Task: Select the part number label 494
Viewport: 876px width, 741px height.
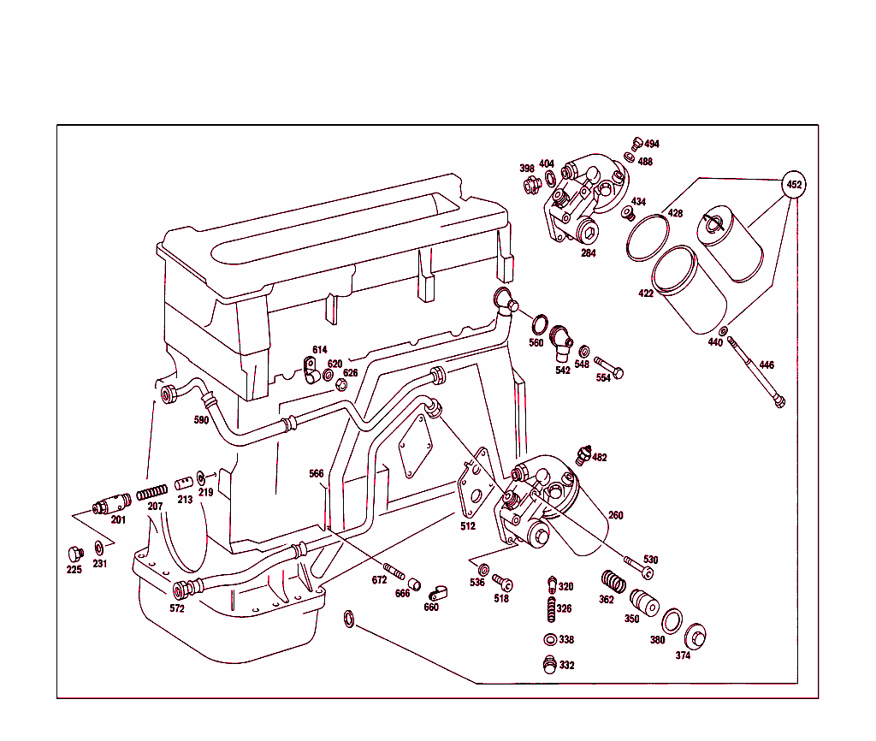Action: pos(652,144)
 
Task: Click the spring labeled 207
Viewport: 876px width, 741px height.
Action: pos(151,494)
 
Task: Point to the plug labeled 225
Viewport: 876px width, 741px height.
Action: pos(74,553)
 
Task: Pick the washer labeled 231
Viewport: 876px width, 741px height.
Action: pos(99,547)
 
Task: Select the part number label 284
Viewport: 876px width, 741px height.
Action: pos(589,252)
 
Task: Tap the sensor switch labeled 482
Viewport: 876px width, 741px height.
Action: pos(584,454)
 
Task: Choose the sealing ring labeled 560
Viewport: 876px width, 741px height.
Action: pos(540,325)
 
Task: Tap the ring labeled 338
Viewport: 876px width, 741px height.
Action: pos(549,639)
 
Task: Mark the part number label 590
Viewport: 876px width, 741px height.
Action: pos(201,420)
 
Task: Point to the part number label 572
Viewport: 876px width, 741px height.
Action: pos(177,608)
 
